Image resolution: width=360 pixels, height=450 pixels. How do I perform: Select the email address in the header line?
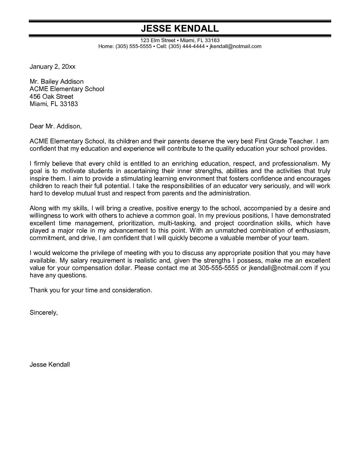[235, 46]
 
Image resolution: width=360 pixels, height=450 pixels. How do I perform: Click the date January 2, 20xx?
[53, 67]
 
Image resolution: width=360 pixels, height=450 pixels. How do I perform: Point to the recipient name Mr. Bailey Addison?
[56, 82]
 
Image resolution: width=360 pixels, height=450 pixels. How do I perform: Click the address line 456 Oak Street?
[51, 96]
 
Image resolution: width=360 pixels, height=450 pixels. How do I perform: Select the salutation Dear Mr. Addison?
[56, 126]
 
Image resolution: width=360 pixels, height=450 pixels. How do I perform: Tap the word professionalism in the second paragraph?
[292, 164]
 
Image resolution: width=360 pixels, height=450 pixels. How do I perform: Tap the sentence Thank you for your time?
[91, 290]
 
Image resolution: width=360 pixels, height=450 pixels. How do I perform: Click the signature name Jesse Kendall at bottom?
[50, 365]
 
